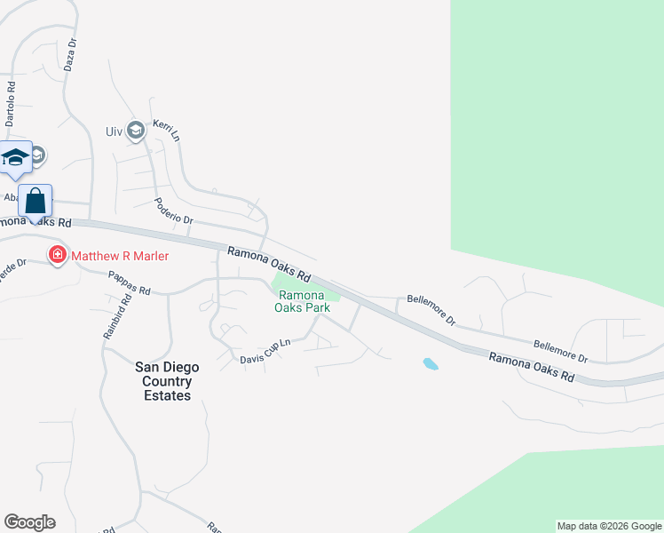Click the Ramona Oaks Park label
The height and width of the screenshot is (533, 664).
tap(304, 302)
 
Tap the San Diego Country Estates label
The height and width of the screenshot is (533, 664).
tap(167, 381)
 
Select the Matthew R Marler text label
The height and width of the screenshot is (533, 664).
tap(120, 256)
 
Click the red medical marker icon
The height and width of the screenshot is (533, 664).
tap(58, 256)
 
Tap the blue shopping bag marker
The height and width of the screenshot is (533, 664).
tap(36, 201)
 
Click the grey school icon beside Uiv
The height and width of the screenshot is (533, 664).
tap(136, 131)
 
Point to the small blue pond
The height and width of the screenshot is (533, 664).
tap(431, 363)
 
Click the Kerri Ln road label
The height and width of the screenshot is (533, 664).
tap(167, 131)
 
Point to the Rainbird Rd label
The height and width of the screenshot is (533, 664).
tap(116, 318)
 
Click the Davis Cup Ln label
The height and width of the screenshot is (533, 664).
tap(265, 352)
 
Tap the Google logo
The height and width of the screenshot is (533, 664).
tap(29, 522)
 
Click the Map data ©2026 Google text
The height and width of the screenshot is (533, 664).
tap(609, 526)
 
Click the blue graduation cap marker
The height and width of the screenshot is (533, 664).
tap(15, 158)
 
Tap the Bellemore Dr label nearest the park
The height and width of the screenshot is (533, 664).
tap(431, 310)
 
